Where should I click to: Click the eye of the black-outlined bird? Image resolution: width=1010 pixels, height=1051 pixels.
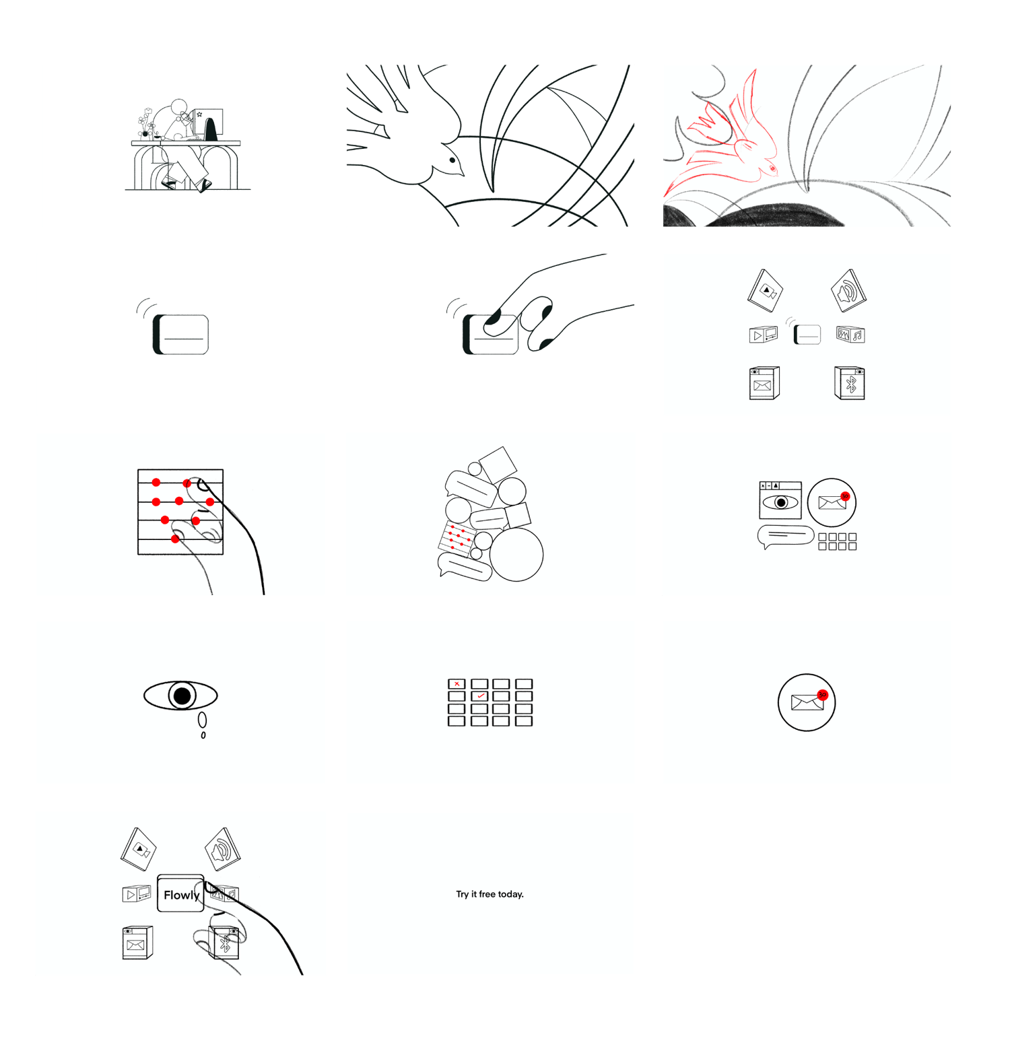click(x=452, y=160)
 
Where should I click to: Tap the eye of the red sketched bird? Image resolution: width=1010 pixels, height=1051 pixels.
click(x=772, y=168)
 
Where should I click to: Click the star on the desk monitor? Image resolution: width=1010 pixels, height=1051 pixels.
click(x=199, y=114)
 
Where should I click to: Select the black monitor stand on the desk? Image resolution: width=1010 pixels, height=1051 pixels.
click(x=211, y=129)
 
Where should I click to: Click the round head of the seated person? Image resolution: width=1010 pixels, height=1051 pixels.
click(x=178, y=107)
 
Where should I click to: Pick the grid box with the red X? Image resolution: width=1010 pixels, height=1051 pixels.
click(x=457, y=683)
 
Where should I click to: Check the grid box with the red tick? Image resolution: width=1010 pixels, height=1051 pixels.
click(x=479, y=696)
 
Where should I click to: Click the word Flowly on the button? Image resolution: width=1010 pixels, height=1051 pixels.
click(x=182, y=895)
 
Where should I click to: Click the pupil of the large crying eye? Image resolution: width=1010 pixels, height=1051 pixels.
click(x=182, y=696)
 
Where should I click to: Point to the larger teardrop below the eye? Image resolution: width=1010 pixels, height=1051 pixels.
click(x=202, y=720)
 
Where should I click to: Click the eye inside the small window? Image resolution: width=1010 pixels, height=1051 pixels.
click(x=780, y=502)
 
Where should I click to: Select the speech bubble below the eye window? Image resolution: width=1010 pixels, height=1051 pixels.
click(x=785, y=537)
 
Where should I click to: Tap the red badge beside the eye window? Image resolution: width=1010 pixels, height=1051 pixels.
click(x=845, y=496)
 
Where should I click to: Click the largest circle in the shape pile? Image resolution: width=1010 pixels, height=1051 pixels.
click(x=516, y=554)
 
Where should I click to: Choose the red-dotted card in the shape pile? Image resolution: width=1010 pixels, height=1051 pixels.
click(x=458, y=537)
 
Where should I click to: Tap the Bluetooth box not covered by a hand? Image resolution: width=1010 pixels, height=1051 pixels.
click(x=850, y=383)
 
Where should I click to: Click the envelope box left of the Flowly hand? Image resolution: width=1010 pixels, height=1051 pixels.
click(x=137, y=942)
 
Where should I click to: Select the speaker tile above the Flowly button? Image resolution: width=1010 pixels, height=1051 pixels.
click(x=223, y=850)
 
